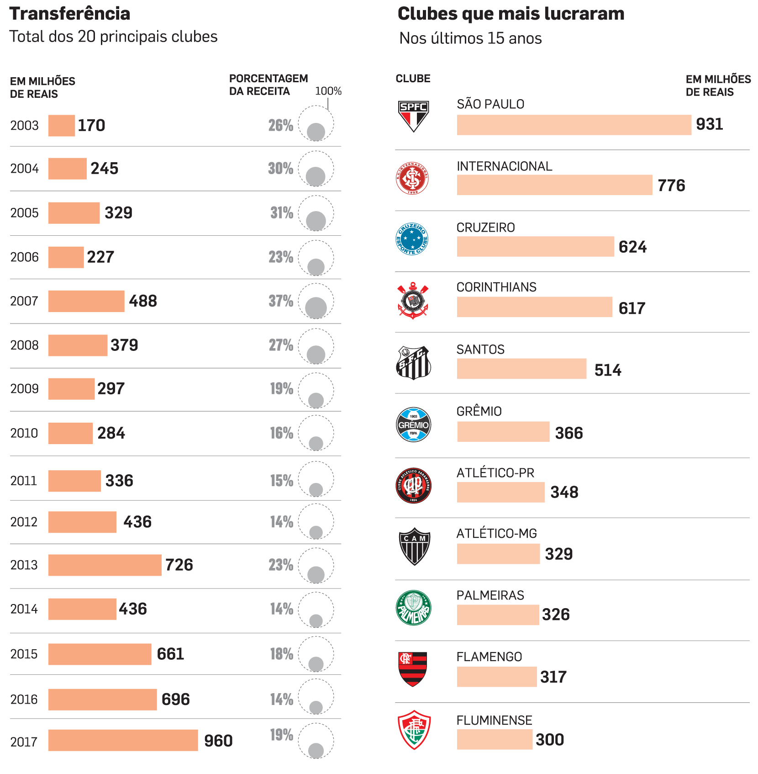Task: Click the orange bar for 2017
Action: pyautogui.click(x=123, y=740)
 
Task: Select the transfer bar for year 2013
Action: pyautogui.click(x=105, y=565)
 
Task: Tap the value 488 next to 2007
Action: pyautogui.click(x=143, y=301)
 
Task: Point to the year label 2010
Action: pyautogui.click(x=24, y=433)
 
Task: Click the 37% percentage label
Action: pyautogui.click(x=281, y=301)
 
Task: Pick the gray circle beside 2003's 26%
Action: pyautogui.click(x=316, y=132)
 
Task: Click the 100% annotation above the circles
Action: pyautogui.click(x=328, y=91)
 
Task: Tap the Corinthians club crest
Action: pyautogui.click(x=413, y=301)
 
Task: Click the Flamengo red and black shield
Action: pyautogui.click(x=412, y=669)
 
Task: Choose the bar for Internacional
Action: pyautogui.click(x=554, y=185)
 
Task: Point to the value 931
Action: pyautogui.click(x=709, y=124)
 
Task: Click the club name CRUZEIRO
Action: pyautogui.click(x=485, y=228)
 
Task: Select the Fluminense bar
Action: pyautogui.click(x=495, y=739)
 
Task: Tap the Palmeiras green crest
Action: pyautogui.click(x=413, y=608)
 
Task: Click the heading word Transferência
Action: pyautogui.click(x=70, y=14)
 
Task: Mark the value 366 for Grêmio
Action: pyautogui.click(x=568, y=433)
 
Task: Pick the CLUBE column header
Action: pyautogui.click(x=413, y=79)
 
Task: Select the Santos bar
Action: pyautogui.click(x=521, y=369)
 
